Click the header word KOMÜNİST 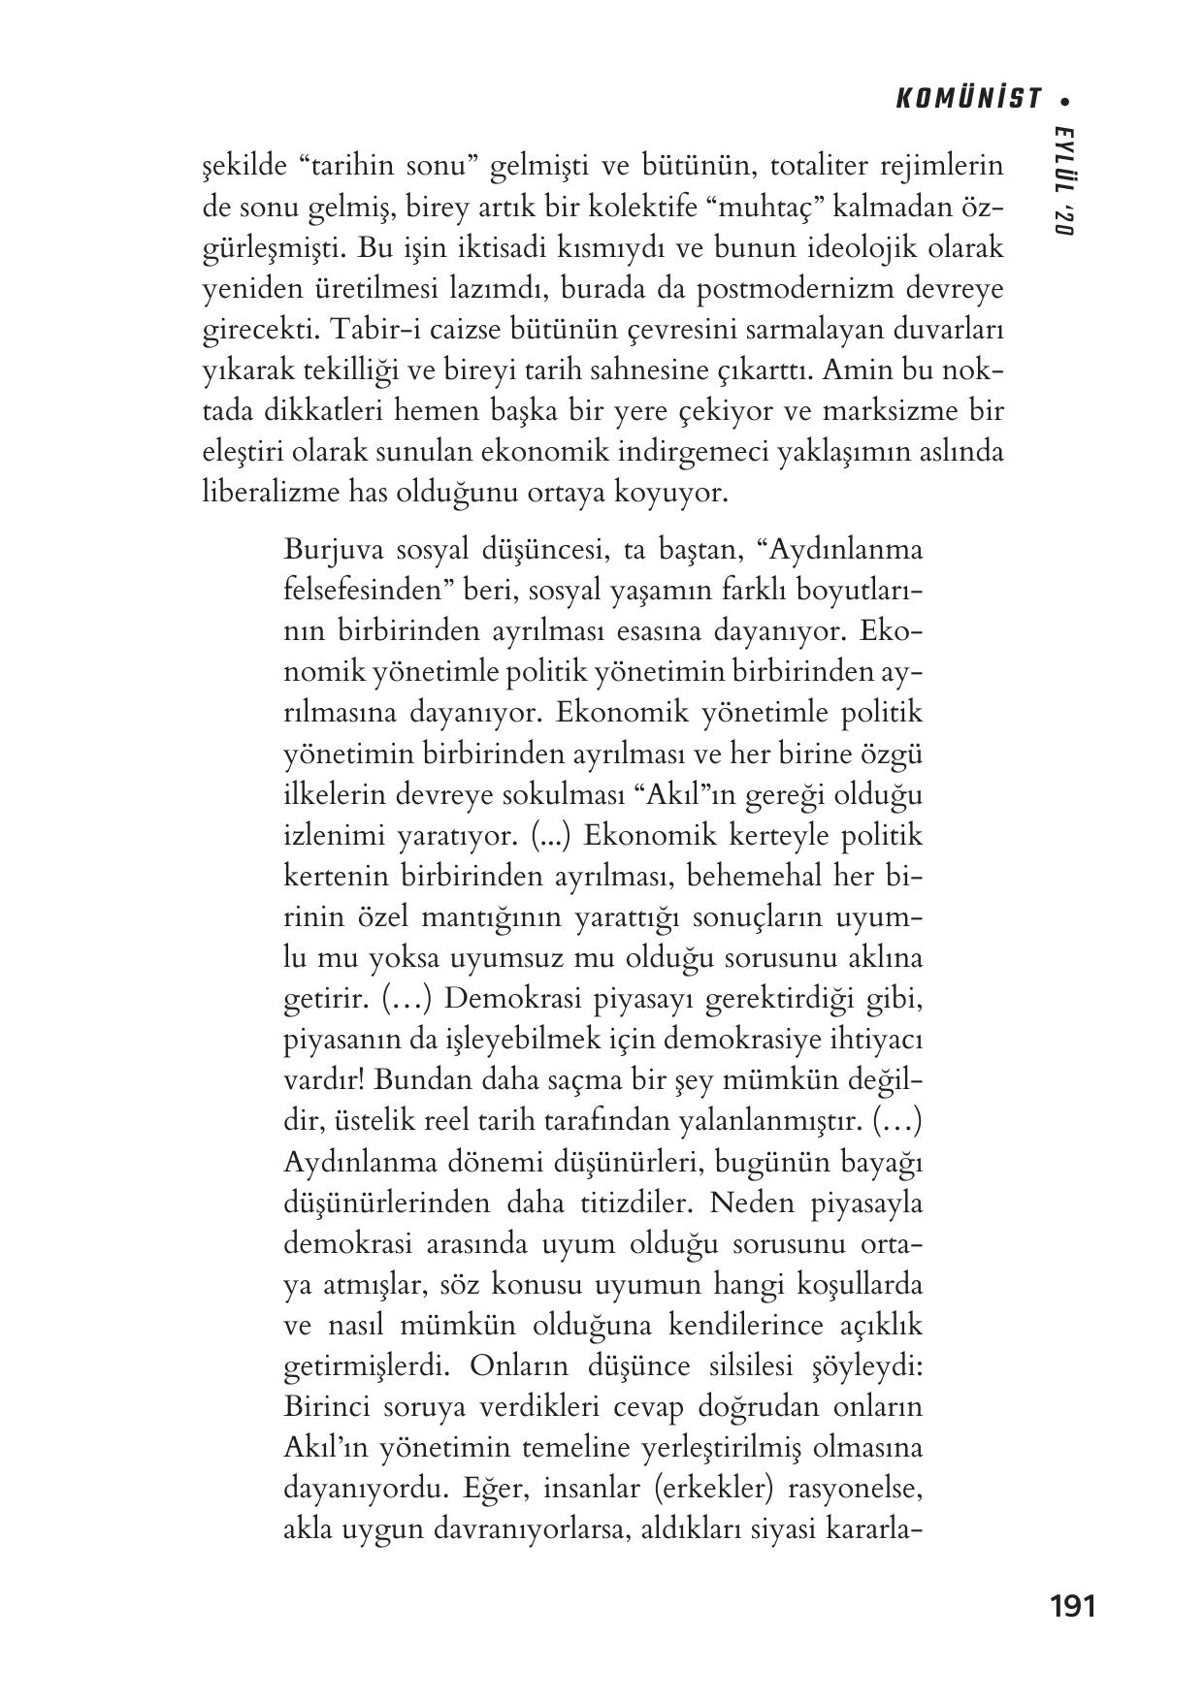click(x=967, y=99)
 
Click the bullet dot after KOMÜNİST click(x=1066, y=99)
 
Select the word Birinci click(x=328, y=1406)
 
